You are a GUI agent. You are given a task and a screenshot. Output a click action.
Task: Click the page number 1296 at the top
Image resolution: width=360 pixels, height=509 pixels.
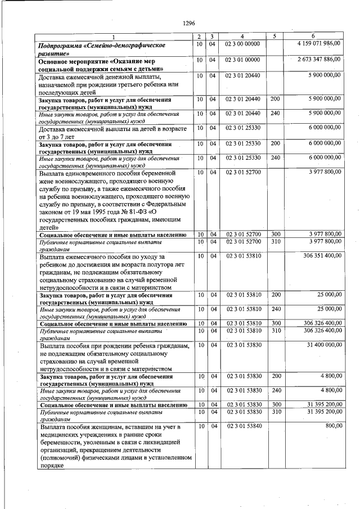tap(188, 23)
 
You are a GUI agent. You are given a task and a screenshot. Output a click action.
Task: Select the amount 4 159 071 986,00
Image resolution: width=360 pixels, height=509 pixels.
tap(319, 43)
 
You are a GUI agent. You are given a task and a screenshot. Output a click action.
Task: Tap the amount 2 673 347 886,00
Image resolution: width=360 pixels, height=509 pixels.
tap(319, 59)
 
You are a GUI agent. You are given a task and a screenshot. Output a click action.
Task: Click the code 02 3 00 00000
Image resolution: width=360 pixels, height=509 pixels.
tap(242, 43)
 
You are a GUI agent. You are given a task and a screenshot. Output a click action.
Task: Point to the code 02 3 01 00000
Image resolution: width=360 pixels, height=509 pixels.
tap(242, 59)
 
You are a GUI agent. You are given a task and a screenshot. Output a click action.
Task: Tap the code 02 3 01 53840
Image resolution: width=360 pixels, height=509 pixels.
tap(242, 426)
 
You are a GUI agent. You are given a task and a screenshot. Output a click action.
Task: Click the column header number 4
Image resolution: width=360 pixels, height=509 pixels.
tap(242, 36)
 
